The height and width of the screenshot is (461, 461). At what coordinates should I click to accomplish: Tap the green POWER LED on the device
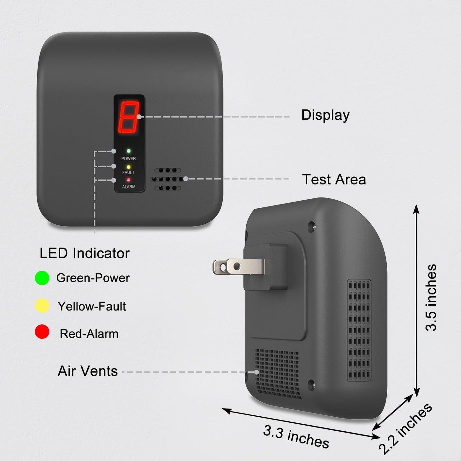(x=129, y=151)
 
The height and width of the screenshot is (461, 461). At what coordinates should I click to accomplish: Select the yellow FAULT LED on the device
(x=129, y=167)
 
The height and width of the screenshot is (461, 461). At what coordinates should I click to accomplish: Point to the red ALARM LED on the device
(x=129, y=180)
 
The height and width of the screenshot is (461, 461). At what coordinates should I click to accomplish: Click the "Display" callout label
(x=325, y=115)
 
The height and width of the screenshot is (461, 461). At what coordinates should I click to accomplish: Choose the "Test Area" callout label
(x=334, y=179)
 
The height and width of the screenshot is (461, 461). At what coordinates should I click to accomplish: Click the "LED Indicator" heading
(x=85, y=253)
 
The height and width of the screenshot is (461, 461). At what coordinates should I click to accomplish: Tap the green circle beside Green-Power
(x=42, y=278)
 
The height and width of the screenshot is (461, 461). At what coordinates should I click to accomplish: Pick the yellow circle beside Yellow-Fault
(x=42, y=306)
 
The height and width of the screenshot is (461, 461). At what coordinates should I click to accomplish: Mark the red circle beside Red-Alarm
(x=42, y=332)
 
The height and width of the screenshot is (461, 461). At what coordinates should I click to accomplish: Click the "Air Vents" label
(x=88, y=371)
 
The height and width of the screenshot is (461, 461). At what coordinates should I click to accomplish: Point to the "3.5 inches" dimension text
(x=431, y=297)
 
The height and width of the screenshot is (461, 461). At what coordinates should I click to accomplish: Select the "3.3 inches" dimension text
(x=296, y=436)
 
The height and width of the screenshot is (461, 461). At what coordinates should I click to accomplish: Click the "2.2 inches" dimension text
(x=405, y=428)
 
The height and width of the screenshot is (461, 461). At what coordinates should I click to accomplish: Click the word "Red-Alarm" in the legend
(x=89, y=334)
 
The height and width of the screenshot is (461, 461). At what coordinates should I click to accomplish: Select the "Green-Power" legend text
(x=93, y=278)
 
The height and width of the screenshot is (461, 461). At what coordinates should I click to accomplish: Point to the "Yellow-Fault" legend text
(x=92, y=306)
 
